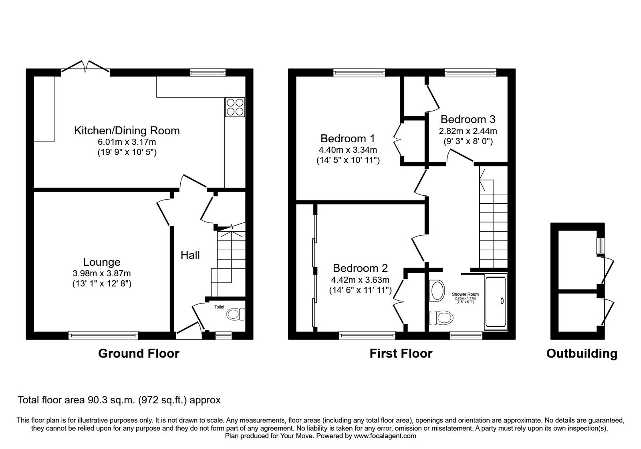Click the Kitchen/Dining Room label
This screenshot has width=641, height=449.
[x=127, y=131]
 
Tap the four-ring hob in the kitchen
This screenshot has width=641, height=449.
[x=235, y=107]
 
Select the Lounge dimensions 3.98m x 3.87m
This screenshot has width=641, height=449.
[x=102, y=273]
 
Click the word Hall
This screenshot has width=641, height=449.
[x=190, y=255]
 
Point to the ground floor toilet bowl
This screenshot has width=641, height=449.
[x=236, y=314]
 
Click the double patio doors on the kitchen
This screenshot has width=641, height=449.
[x=85, y=67]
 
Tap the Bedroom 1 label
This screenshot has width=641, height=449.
[x=347, y=139]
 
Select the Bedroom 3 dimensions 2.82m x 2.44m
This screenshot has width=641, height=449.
[x=468, y=131]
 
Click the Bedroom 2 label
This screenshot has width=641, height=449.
[x=360, y=268]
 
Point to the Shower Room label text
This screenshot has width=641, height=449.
[x=465, y=294]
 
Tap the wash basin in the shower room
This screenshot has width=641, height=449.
[x=437, y=290]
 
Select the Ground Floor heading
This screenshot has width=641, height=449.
[x=139, y=353]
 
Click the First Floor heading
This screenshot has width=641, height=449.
[x=401, y=353]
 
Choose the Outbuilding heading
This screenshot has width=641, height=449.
[x=582, y=353]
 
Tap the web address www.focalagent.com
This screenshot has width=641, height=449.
[x=385, y=436]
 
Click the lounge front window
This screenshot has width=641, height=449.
[x=103, y=335]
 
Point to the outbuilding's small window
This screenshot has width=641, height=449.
[x=601, y=246]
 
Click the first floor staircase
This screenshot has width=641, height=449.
[x=493, y=224]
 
